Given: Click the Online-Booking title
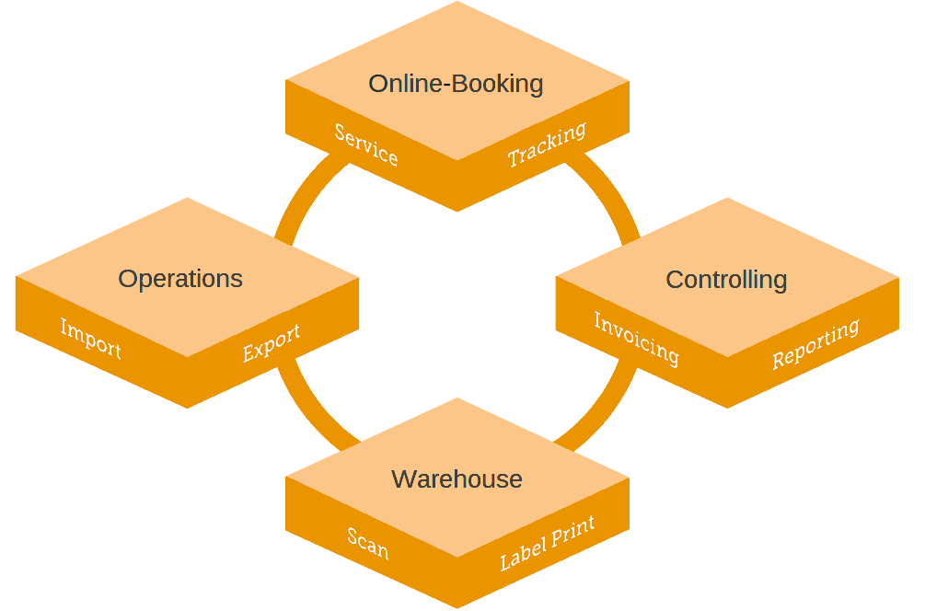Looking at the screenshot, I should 456,84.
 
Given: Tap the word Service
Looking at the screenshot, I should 366,145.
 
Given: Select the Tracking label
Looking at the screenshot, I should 547,145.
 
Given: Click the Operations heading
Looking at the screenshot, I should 180,279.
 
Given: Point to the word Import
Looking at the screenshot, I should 90,339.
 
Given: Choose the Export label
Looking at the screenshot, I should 272,342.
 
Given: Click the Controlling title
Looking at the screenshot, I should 726,280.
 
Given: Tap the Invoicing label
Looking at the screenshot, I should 636,339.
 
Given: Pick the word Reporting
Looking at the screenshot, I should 815,343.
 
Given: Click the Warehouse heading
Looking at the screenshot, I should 457,479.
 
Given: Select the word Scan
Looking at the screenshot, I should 368,543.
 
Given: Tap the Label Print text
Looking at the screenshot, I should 547,543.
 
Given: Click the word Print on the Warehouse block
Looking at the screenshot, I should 572,533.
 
